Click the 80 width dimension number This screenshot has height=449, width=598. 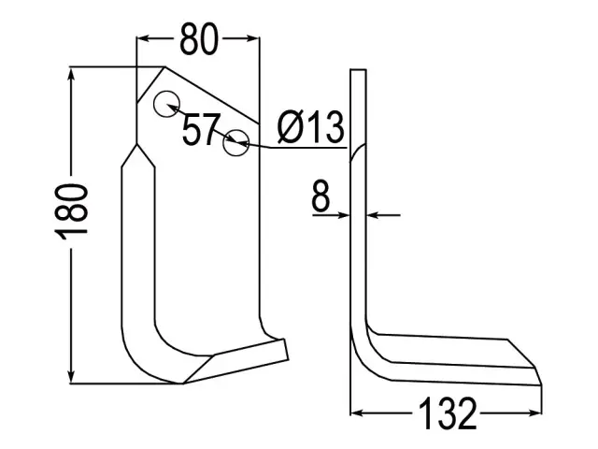pos(199,38)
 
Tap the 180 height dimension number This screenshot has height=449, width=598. pos(71,212)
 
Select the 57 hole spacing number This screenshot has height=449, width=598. pos(201,129)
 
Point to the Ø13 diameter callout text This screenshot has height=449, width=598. pos(311,127)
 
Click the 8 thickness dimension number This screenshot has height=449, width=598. pos(320,196)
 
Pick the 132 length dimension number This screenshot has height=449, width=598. pos(448,413)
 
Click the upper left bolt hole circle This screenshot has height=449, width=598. pos(166,104)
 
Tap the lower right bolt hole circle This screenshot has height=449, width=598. pos(236,142)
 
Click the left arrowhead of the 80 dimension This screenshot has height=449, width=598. pos(143,38)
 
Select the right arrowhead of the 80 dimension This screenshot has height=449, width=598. pos(253,38)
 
